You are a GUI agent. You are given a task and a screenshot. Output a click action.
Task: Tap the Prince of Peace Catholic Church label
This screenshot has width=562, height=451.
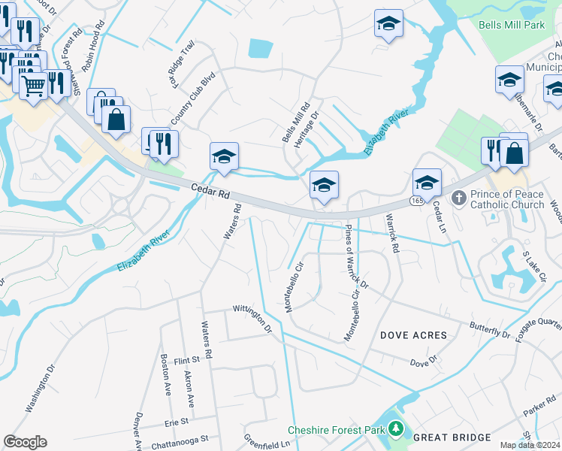[x=507, y=199]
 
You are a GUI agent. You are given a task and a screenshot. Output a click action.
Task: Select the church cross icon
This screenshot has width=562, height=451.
[x=458, y=198]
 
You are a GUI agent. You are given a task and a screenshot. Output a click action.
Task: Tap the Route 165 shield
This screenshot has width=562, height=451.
[x=415, y=201]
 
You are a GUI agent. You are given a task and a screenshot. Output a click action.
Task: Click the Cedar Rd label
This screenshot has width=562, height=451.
[x=210, y=192]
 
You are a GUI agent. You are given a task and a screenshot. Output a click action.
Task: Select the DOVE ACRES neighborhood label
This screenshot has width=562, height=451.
[x=413, y=335]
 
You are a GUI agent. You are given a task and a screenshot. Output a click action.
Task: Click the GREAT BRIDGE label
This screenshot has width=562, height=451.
[x=452, y=437]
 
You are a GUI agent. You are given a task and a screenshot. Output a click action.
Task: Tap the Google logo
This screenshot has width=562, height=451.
[x=25, y=442]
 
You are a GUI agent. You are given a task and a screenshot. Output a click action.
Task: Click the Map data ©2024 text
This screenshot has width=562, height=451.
[x=529, y=445]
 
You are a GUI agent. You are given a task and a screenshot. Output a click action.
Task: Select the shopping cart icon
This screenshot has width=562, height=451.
[x=32, y=86]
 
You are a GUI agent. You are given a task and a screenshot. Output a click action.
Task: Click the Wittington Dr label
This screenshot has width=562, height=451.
[x=252, y=318]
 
